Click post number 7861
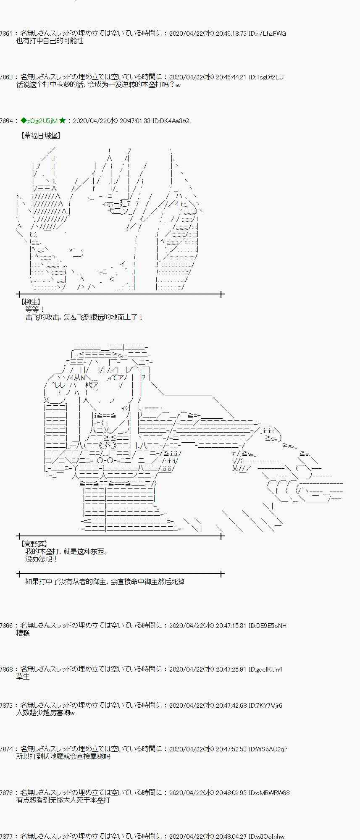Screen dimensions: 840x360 coord(6,33)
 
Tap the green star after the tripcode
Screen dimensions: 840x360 coord(62,121)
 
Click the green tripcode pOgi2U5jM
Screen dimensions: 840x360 coord(42,121)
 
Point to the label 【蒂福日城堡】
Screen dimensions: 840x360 coord(40,136)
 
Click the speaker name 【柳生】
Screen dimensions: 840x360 coord(30,302)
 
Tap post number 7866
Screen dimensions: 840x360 coord(6,625)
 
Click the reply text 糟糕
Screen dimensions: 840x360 coord(23,633)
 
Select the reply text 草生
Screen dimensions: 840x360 coord(23,677)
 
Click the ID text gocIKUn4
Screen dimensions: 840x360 coord(269,669)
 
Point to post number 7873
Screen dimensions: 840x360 coord(6,705)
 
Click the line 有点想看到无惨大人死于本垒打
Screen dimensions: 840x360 coord(63,800)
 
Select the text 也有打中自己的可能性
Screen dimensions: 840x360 coord(50,41)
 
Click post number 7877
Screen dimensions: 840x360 coord(6,836)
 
